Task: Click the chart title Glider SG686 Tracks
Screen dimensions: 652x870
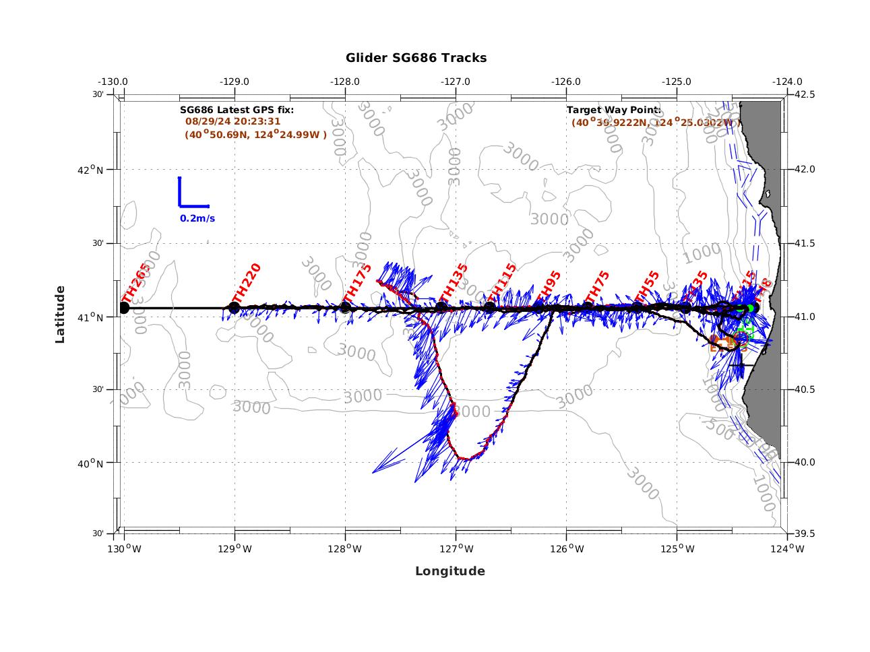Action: (x=416, y=58)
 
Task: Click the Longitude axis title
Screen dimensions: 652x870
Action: (x=449, y=571)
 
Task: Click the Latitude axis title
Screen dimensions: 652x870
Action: (x=60, y=314)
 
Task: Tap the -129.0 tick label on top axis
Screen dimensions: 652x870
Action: (x=234, y=81)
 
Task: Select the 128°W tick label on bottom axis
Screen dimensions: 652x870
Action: (x=345, y=549)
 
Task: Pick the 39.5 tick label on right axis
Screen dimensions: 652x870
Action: (x=803, y=533)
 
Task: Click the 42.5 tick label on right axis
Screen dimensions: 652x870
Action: (x=803, y=94)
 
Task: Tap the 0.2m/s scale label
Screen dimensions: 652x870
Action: (x=197, y=218)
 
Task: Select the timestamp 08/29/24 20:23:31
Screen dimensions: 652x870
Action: (x=232, y=121)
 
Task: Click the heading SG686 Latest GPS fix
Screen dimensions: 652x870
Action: (x=237, y=109)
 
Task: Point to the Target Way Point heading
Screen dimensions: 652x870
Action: (x=613, y=109)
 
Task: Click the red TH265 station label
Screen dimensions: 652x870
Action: (x=135, y=283)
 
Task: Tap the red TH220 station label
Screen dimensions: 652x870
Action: (x=246, y=283)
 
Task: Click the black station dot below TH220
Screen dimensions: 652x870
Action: (x=235, y=308)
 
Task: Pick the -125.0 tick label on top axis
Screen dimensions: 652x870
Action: (x=676, y=81)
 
